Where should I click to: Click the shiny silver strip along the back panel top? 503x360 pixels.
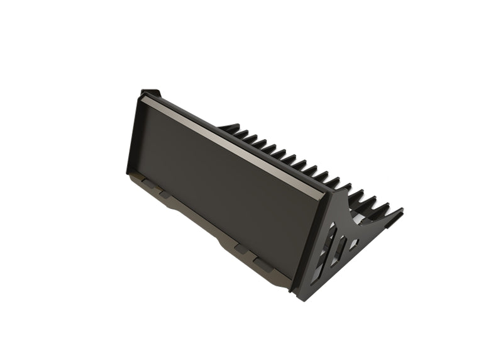coord(233,142)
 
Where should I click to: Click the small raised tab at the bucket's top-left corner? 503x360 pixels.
coord(150,93)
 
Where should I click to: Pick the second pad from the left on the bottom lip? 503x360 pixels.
coord(165,194)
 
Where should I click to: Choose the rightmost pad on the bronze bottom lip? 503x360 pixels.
coord(263,262)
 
